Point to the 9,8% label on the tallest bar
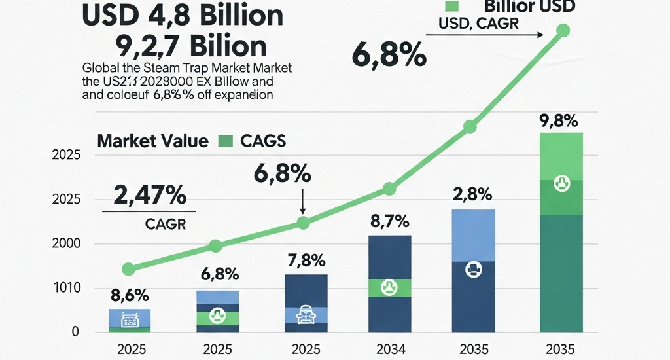[x=560, y=120]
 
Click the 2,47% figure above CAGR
[x=149, y=195]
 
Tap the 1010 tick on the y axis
[x=65, y=288]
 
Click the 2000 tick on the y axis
[x=65, y=243]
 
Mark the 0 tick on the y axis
[x=75, y=332]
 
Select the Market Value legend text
[x=152, y=141]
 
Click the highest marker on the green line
[x=563, y=30]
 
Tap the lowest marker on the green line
[x=129, y=269]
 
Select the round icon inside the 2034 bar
[x=389, y=287]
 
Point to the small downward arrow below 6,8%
[x=302, y=202]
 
